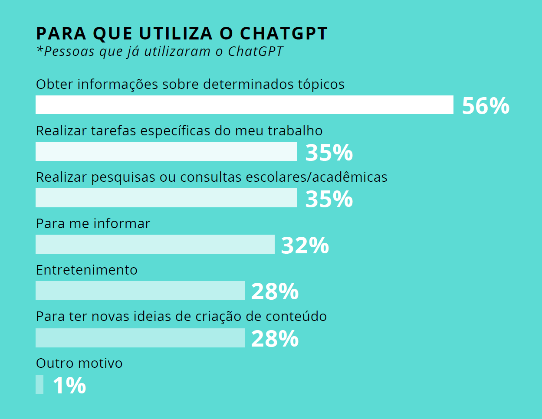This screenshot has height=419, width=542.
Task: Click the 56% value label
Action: (485, 106)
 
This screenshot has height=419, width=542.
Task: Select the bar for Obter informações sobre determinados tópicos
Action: (244, 105)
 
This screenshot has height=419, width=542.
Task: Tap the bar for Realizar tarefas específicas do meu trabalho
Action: (166, 151)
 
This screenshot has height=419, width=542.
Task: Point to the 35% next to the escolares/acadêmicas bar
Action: (329, 199)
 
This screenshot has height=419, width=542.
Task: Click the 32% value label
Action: (305, 246)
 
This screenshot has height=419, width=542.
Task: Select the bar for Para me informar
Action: (155, 244)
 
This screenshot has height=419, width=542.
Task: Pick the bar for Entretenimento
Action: (140, 291)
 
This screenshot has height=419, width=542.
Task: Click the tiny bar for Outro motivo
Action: (39, 384)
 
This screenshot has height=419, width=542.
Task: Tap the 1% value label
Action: (69, 386)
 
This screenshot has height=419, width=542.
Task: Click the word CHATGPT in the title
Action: (284, 33)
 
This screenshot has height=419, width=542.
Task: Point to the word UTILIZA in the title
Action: (176, 33)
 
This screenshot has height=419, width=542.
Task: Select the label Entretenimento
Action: (86, 270)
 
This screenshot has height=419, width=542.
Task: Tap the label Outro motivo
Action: (79, 363)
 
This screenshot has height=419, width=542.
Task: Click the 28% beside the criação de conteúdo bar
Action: (275, 339)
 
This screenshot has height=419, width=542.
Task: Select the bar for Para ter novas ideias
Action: (140, 338)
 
